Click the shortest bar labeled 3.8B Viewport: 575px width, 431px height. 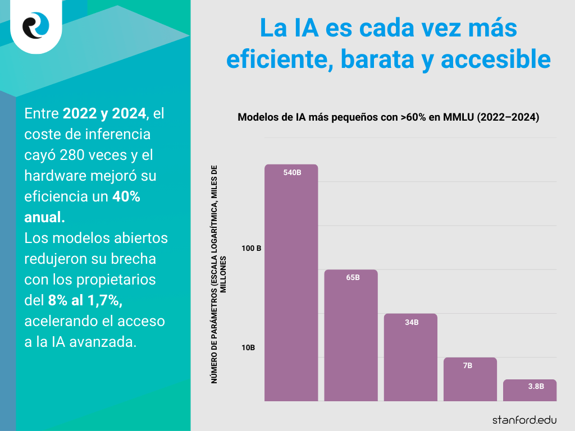click(x=530, y=391)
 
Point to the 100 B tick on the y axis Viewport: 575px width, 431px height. click(x=251, y=248)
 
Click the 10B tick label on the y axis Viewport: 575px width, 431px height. click(x=248, y=348)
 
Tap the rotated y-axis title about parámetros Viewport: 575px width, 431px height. click(x=218, y=274)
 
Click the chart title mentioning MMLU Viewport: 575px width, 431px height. click(x=388, y=118)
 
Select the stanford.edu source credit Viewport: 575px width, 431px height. click(x=525, y=419)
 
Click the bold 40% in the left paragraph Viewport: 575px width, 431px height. click(x=126, y=196)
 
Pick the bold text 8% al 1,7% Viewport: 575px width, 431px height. click(x=85, y=300)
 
